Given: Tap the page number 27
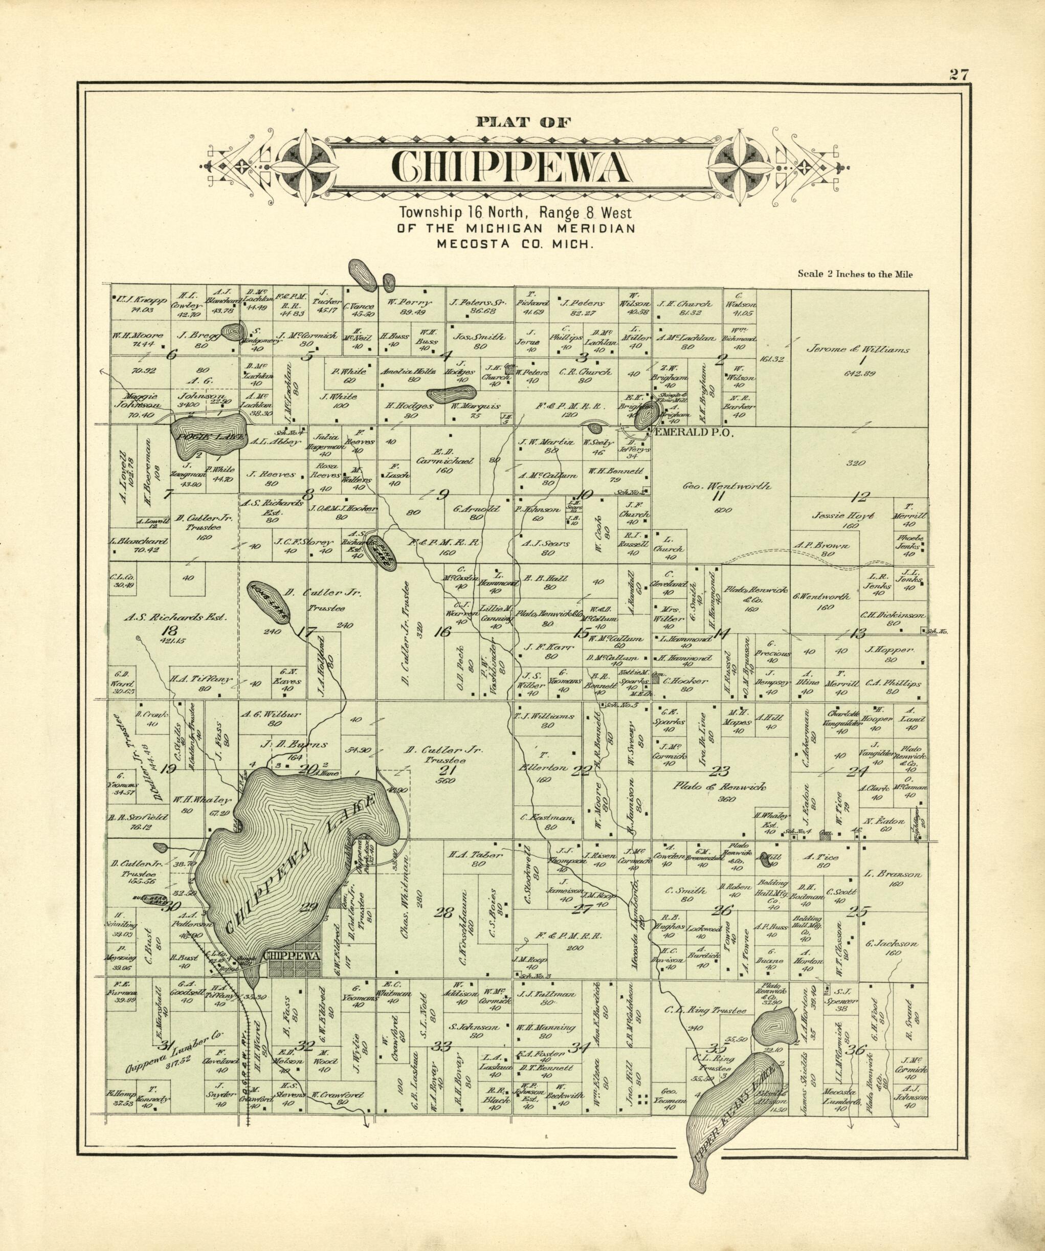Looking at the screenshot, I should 959,75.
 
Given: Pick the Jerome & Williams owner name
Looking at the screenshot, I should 858,350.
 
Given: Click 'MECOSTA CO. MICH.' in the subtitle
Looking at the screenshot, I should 516,243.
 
